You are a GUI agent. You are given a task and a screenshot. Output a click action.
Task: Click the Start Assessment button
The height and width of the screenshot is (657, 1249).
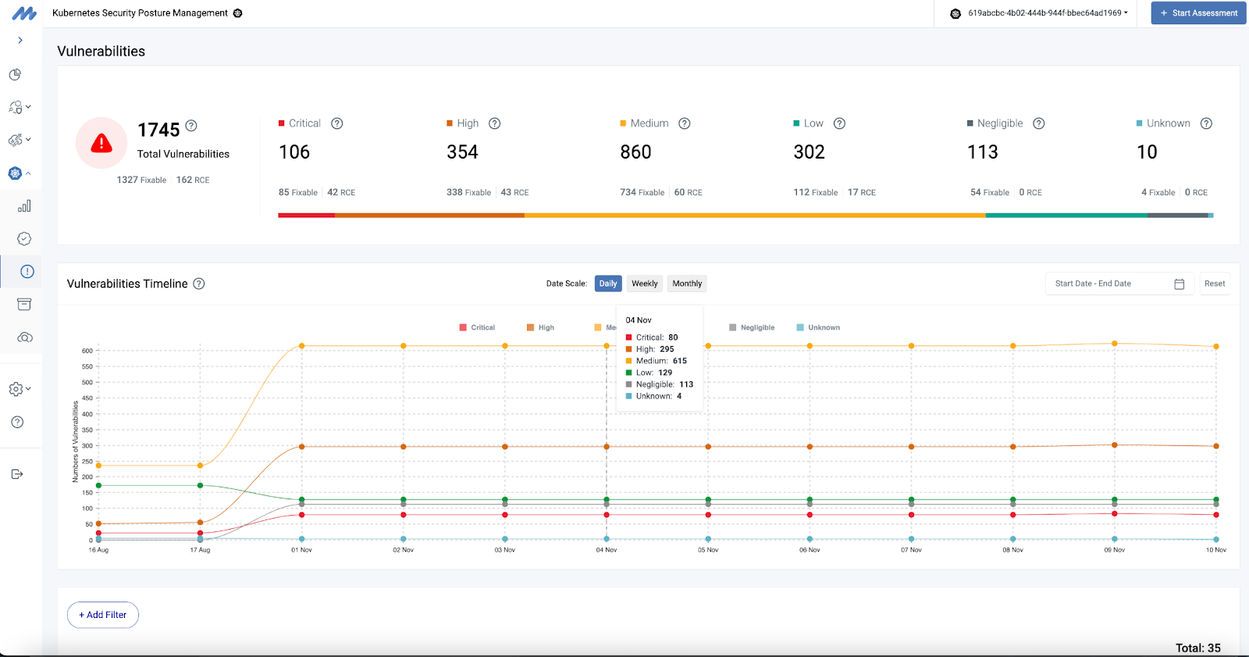pyautogui.click(x=1198, y=13)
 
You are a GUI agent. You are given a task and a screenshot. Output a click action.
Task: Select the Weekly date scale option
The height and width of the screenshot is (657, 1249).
pyautogui.click(x=644, y=284)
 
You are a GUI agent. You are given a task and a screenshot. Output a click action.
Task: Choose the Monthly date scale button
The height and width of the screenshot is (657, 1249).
pyautogui.click(x=687, y=284)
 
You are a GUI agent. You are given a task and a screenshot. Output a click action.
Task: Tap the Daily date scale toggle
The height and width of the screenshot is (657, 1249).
pyautogui.click(x=608, y=284)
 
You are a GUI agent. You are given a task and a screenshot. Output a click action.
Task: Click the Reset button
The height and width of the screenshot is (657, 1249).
pyautogui.click(x=1214, y=284)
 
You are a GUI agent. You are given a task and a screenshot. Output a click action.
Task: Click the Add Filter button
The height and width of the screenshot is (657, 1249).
pyautogui.click(x=103, y=615)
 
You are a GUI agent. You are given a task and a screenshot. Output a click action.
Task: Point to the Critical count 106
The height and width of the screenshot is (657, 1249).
pyautogui.click(x=294, y=152)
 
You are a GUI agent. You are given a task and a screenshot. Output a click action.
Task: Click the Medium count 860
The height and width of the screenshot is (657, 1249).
pyautogui.click(x=635, y=152)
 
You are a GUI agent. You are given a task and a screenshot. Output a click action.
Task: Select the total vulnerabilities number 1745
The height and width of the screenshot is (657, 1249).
pyautogui.click(x=158, y=130)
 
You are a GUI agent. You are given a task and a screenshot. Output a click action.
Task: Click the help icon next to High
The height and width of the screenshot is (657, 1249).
pyautogui.click(x=494, y=123)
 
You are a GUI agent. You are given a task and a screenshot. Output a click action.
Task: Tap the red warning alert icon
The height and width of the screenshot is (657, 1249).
pyautogui.click(x=101, y=143)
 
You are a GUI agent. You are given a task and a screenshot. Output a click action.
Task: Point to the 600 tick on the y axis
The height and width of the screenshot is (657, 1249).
pyautogui.click(x=87, y=351)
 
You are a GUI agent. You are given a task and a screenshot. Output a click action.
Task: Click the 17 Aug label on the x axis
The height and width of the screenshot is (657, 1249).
pyautogui.click(x=200, y=550)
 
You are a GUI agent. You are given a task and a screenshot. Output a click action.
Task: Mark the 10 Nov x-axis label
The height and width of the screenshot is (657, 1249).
pyautogui.click(x=1215, y=550)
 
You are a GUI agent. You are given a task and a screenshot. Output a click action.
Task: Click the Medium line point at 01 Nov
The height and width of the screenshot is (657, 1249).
pyautogui.click(x=302, y=346)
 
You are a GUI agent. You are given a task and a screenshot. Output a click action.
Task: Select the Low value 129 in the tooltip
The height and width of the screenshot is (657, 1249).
pyautogui.click(x=665, y=373)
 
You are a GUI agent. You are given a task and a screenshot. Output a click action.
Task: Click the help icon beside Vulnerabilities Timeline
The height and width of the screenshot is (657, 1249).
pyautogui.click(x=199, y=284)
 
